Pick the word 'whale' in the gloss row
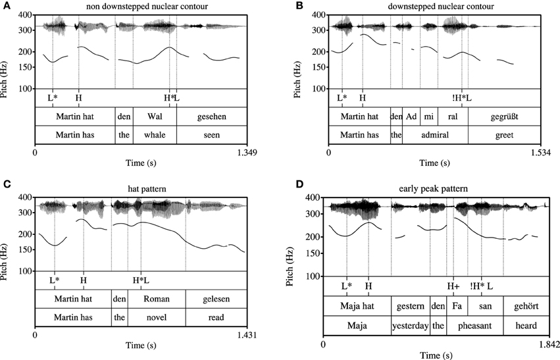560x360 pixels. pos(154,134)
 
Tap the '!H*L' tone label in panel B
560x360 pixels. pos(462,98)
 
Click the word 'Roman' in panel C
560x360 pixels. pos(156,299)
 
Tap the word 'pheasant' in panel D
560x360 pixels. pos(474,324)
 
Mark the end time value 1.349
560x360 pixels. pos(245,153)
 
